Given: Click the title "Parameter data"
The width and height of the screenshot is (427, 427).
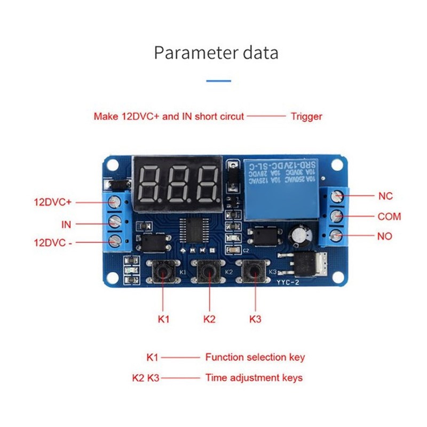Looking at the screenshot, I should pos(216,53).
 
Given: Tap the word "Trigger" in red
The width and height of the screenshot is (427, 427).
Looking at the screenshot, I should pos(306,116).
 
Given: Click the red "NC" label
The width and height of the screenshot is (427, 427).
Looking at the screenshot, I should pos(385,196).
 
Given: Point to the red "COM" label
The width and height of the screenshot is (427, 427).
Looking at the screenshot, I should pos(389,217).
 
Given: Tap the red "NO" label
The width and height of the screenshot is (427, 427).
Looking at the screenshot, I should pos(385,235).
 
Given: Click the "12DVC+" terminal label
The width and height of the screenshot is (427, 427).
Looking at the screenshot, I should pos(52,202).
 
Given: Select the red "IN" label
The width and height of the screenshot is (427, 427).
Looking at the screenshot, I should pos(66,225).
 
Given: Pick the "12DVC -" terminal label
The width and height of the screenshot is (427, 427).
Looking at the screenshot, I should pos(52,242).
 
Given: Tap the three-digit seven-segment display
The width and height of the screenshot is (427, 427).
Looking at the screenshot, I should pos(178,183).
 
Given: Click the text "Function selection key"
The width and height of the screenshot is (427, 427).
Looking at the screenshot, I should pos(255,357).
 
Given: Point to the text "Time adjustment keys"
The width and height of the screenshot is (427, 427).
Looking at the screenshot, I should pos(254,378).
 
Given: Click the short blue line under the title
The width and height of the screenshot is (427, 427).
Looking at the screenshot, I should pos(218,81).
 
